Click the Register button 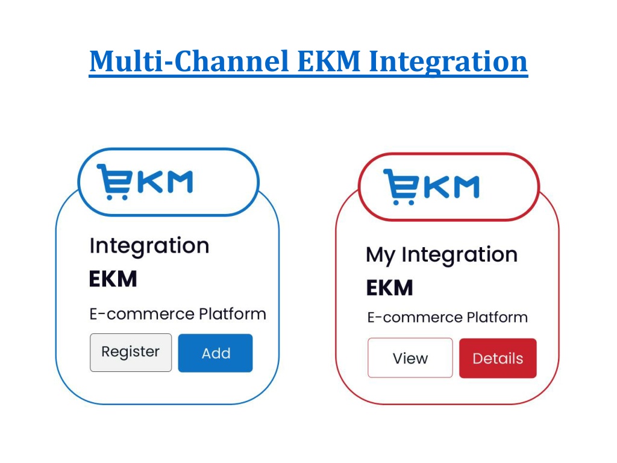pyautogui.click(x=131, y=353)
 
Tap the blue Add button pyautogui.click(x=215, y=353)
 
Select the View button pyautogui.click(x=410, y=358)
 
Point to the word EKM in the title pyautogui.click(x=329, y=61)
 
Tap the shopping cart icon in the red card pyautogui.click(x=401, y=187)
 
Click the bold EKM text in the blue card pyautogui.click(x=113, y=279)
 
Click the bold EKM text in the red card pyautogui.click(x=390, y=288)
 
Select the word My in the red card pyautogui.click(x=380, y=255)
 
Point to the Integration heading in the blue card pyautogui.click(x=149, y=247)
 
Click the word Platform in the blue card pyautogui.click(x=232, y=313)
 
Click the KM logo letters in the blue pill pyautogui.click(x=165, y=182)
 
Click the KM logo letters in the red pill pyautogui.click(x=451, y=187)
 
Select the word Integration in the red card pyautogui.click(x=459, y=255)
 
